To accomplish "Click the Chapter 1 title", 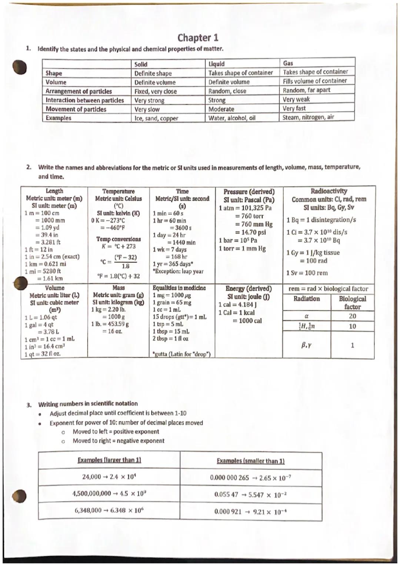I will tap(198, 38).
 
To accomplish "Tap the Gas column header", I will tap(288, 63).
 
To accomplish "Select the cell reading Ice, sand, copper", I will tap(156, 119).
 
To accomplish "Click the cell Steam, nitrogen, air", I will tap(308, 117).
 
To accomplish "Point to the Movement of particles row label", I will tap(76, 109).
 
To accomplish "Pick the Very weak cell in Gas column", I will tap(296, 99).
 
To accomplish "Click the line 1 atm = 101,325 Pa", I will tap(245, 208).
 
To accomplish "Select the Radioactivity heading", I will tap(329, 191).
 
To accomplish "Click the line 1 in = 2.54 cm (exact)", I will tap(52, 256).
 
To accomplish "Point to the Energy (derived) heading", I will tap(248, 289).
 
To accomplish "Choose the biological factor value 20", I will tap(352, 316).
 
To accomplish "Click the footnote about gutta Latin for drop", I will tap(181, 354).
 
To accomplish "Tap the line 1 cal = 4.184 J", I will tap(237, 305).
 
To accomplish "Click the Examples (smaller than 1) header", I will tap(250, 461).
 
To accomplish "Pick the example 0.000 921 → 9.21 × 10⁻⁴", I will tap(250, 512).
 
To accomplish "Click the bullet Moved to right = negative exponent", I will tap(119, 441).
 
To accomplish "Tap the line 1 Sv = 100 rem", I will tap(307, 273).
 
